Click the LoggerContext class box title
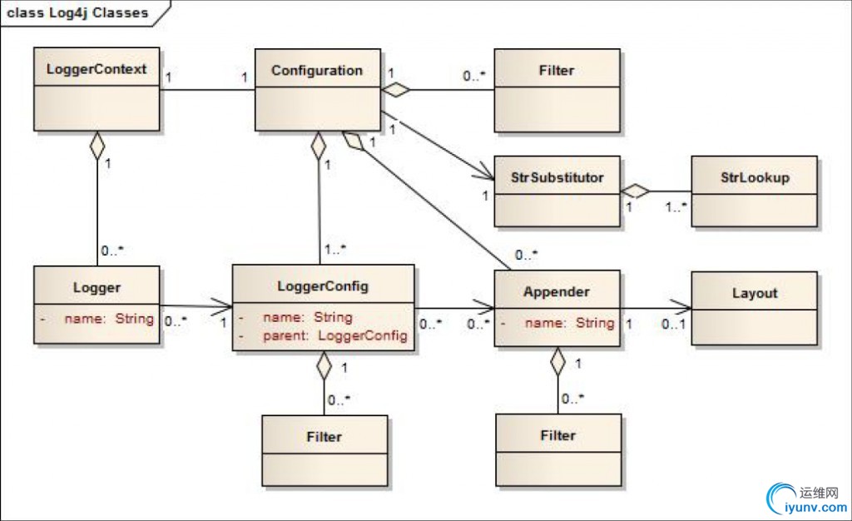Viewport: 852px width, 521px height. click(96, 68)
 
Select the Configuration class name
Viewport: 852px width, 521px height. click(317, 70)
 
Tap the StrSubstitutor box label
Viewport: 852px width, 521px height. click(557, 177)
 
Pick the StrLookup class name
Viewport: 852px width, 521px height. click(755, 177)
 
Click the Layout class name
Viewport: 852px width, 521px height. click(755, 293)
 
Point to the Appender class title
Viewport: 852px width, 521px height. click(557, 292)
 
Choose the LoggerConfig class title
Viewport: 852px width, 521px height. click(323, 286)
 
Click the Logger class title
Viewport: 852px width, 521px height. click(97, 288)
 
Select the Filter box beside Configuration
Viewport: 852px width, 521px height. click(557, 71)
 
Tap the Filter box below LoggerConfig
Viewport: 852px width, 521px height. click(324, 436)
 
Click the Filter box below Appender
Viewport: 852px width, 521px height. click(557, 435)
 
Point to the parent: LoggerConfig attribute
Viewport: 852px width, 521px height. click(335, 335)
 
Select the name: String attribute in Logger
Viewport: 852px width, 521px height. click(109, 318)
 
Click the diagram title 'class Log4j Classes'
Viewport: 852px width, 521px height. click(79, 12)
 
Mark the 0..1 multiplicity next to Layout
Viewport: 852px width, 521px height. click(673, 324)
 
